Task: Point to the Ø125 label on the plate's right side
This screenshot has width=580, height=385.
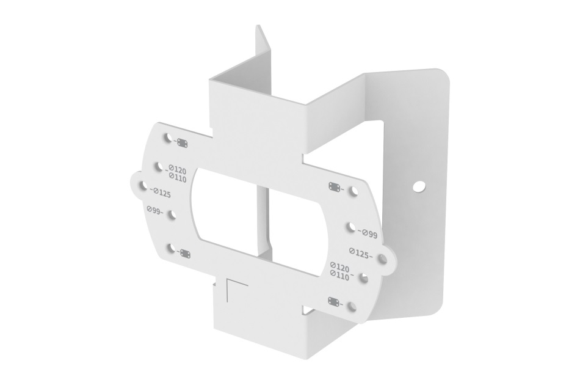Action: coord(361,253)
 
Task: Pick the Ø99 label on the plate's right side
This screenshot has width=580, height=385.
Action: coord(368,233)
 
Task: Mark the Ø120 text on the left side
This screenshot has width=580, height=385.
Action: coord(177,170)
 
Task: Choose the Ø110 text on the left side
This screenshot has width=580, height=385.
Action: coord(177,178)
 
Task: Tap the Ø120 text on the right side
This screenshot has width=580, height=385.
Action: coord(339,267)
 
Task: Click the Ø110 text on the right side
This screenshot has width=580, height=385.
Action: coord(339,276)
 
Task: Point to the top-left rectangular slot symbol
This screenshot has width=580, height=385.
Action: coord(182,143)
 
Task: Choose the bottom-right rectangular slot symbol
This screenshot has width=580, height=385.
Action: coord(334,301)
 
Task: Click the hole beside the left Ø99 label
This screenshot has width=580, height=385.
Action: coord(171,215)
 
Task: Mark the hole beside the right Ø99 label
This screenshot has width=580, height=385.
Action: coord(351,227)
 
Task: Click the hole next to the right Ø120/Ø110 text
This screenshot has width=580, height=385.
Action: coord(363,278)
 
